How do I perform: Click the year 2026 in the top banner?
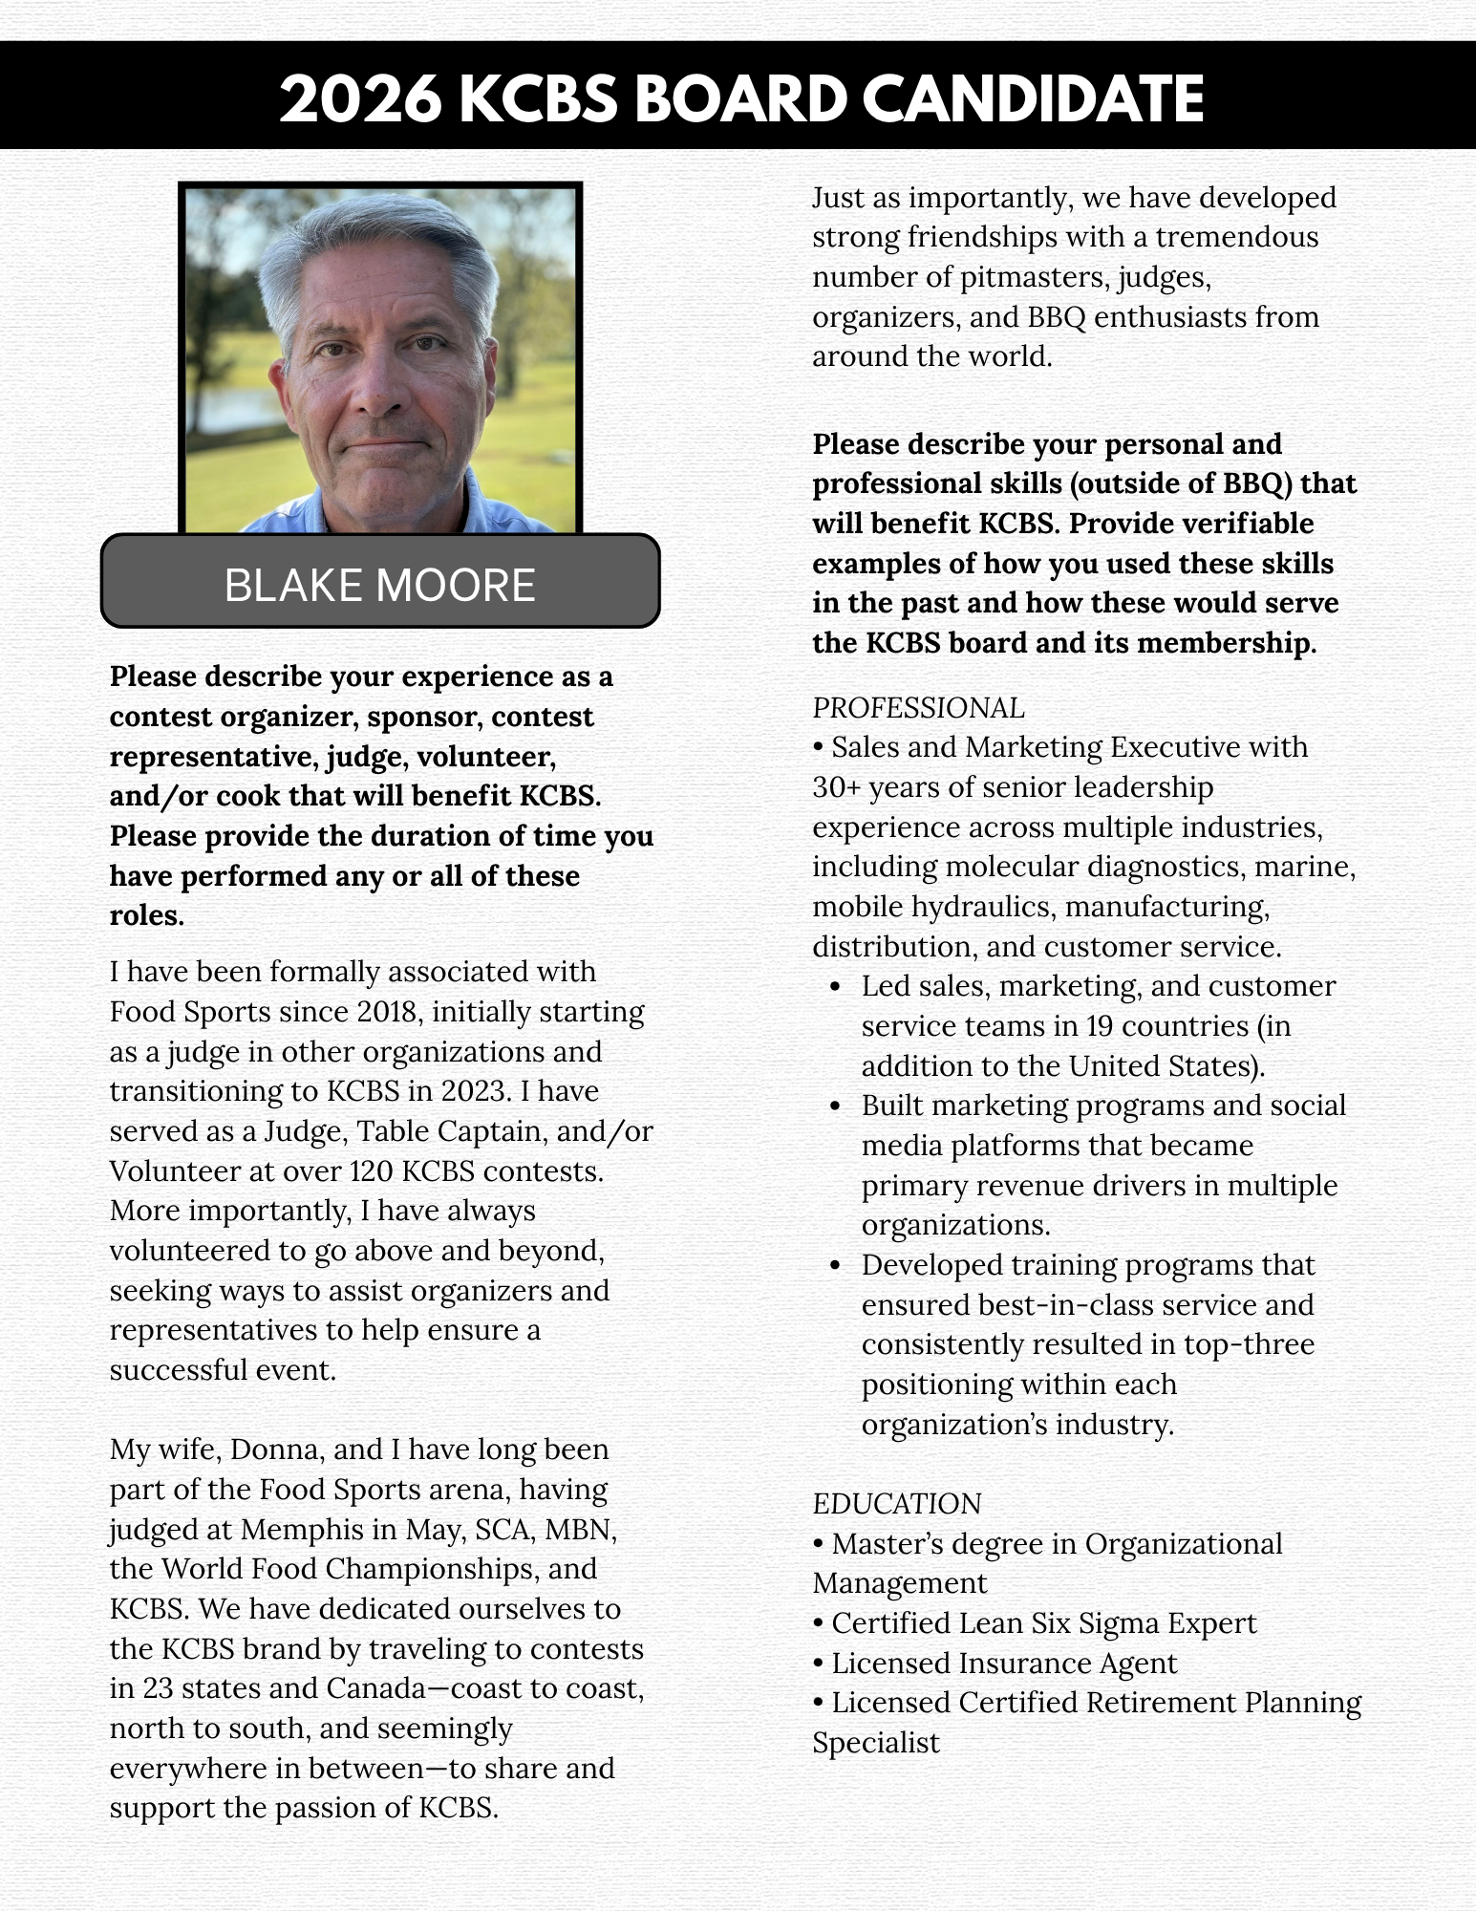pos(360,98)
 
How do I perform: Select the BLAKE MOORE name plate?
pos(380,584)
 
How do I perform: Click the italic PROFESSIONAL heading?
pos(918,708)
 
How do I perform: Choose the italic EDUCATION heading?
pos(896,1504)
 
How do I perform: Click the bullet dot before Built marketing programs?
pos(836,1106)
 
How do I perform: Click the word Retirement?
pos(1159,1703)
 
